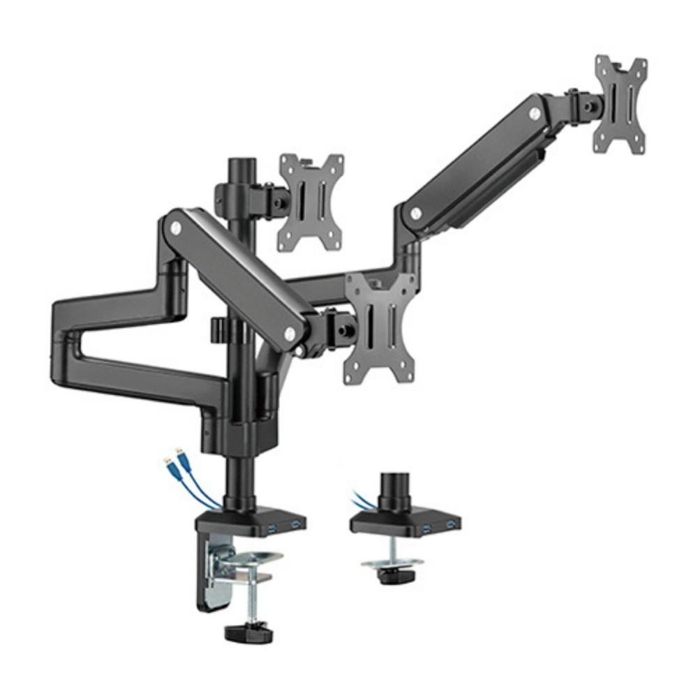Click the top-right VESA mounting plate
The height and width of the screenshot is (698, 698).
(620, 104)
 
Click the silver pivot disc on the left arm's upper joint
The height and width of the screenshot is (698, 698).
(175, 228)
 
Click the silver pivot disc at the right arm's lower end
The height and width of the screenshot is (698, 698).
(417, 211)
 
